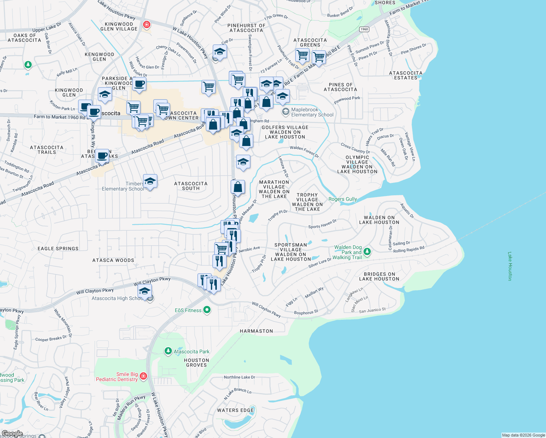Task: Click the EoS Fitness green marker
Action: pos(207,310)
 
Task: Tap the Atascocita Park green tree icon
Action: pos(168,351)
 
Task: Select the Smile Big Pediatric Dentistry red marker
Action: pos(143,376)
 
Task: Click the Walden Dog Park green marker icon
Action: pos(367,251)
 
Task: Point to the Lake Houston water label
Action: pos(510,266)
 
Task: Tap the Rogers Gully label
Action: pos(343,199)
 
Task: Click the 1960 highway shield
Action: pos(364,29)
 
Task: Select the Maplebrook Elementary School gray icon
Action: pos(286,112)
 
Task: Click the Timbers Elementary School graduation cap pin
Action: pos(150,181)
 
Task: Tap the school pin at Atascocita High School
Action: pos(145,292)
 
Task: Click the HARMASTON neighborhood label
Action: pos(256,331)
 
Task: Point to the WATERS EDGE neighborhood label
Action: pos(235,410)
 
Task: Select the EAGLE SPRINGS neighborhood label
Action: pos(58,249)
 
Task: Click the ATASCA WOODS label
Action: pos(113,260)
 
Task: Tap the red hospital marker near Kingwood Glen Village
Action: pos(147,25)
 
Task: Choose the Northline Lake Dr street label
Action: pos(239,377)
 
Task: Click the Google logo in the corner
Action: pos(12,434)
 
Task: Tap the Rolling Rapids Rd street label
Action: pos(409,250)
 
